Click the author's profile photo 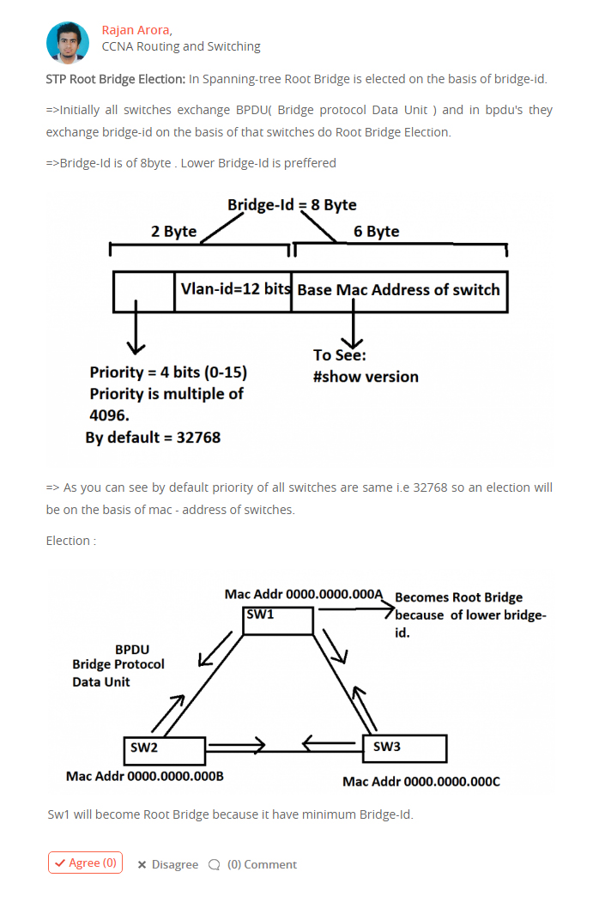tap(68, 43)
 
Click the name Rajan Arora tap(136, 30)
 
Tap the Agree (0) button tap(85, 863)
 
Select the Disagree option tap(168, 864)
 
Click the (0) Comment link tap(253, 864)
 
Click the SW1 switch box tap(278, 621)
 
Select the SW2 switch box tap(165, 751)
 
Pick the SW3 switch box tap(405, 748)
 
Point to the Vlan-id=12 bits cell tap(233, 292)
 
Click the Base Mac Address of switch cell tap(399, 292)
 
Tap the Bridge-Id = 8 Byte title tap(292, 205)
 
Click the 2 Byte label tap(173, 231)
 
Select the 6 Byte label tap(377, 231)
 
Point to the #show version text tap(366, 377)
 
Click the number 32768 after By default tap(198, 438)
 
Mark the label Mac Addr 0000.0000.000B tap(145, 777)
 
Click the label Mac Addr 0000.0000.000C tap(421, 782)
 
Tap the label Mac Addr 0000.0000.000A tap(303, 594)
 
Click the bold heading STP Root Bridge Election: tap(116, 79)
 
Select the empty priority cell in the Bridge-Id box tap(144, 292)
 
